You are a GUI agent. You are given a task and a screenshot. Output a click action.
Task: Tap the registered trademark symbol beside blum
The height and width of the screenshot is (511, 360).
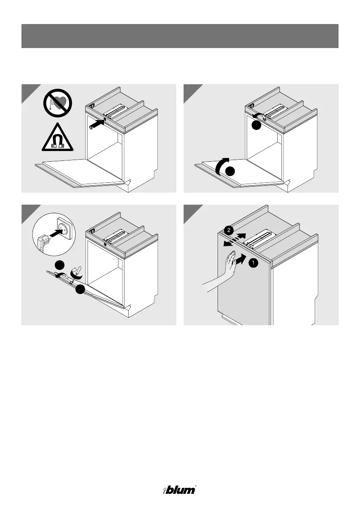pos(196,487)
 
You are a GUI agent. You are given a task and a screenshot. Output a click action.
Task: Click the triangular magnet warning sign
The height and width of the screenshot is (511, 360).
pos(57,139)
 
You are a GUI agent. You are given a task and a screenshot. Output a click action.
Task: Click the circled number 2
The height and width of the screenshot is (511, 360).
pos(230,230)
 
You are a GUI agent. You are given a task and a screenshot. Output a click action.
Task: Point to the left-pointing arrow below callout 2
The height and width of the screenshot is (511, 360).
pos(229,243)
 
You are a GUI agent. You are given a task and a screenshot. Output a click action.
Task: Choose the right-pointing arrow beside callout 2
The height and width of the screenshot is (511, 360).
pos(242,236)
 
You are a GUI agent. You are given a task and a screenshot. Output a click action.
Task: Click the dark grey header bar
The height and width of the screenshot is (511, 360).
pos(180,36)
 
